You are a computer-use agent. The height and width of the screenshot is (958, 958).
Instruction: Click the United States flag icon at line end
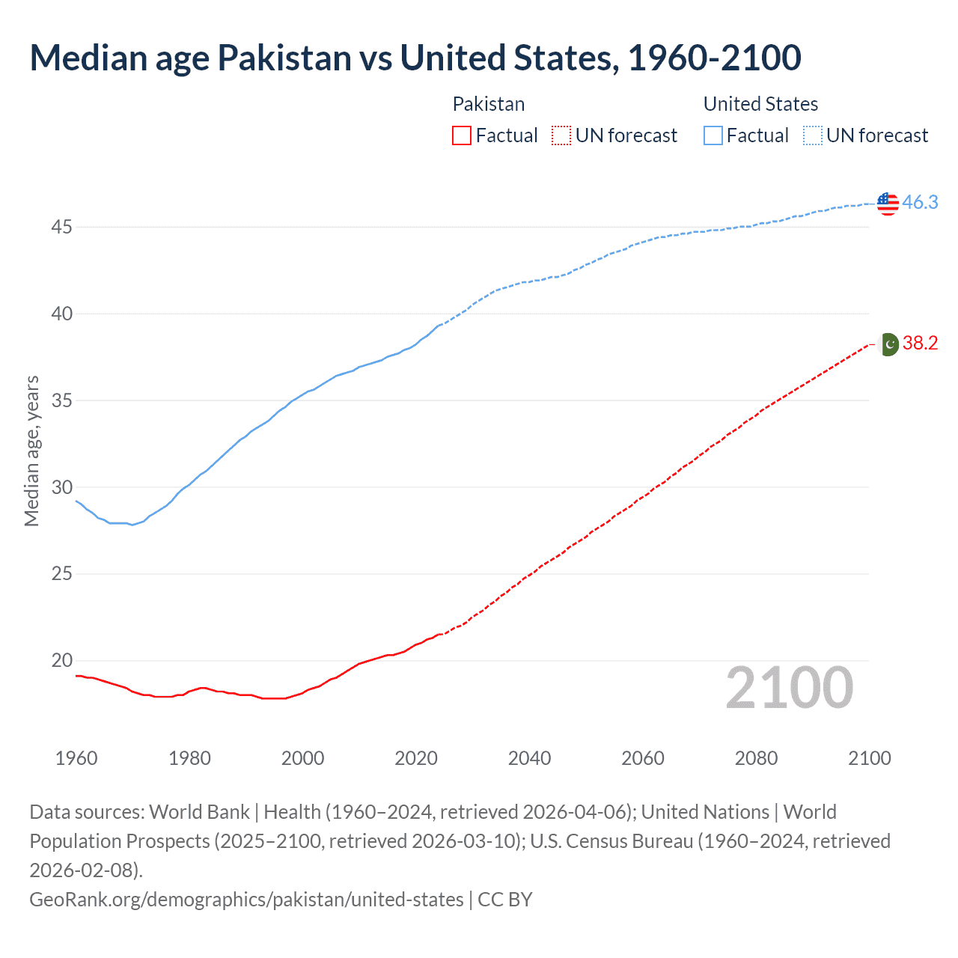888,203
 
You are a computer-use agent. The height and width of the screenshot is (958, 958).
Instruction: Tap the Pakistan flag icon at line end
888,344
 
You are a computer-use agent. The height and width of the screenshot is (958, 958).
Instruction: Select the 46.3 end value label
920,202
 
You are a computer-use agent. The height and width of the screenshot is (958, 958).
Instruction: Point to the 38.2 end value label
920,343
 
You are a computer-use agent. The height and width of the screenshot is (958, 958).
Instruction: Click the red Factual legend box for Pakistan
462,135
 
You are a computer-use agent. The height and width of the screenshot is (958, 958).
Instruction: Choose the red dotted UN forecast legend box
561,135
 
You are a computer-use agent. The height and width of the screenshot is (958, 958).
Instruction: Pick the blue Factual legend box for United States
713,135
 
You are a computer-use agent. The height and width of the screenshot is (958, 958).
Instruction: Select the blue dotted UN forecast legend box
812,135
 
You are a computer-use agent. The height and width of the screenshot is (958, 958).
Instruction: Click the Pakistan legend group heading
489,104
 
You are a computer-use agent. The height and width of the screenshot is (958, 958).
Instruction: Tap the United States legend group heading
760,104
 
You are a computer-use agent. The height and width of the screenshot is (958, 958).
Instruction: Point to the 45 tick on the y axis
61,227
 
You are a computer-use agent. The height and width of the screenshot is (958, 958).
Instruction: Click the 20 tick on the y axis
61,661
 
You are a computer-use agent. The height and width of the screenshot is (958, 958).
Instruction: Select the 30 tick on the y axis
61,487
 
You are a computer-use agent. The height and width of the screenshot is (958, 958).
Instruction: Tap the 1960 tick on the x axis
76,758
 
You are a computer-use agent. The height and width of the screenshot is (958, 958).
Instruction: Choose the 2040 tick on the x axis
529,758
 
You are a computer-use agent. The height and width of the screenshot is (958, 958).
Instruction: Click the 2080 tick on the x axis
756,758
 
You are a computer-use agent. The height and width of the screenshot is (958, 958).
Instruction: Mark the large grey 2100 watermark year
789,688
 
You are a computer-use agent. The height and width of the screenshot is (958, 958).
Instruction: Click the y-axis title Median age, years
31,451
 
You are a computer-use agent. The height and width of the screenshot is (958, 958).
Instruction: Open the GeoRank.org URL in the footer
246,899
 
